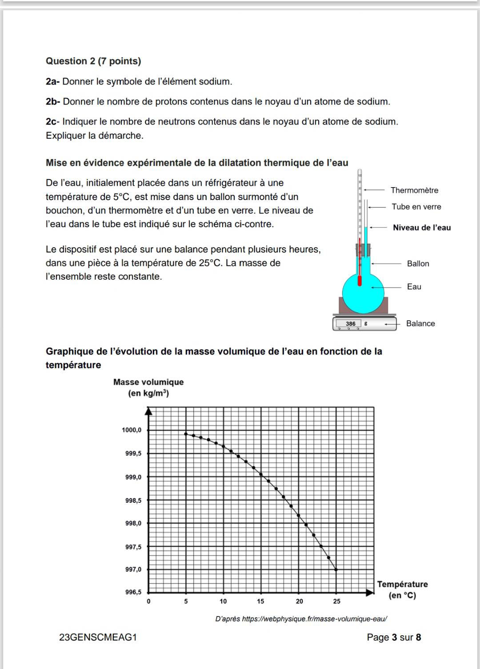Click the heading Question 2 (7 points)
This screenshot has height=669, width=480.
coord(93,61)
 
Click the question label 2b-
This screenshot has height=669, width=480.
coord(53,102)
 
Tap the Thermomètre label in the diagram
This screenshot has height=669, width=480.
coord(414,190)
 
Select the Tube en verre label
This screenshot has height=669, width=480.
coord(416,207)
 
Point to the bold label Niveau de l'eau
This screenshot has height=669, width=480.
coord(422,228)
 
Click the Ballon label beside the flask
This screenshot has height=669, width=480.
coord(418,264)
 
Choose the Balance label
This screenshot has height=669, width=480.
coord(420,324)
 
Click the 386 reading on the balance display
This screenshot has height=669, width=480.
coord(351,324)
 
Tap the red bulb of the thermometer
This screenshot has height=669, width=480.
coord(360,281)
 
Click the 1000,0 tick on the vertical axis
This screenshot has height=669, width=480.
coord(132,430)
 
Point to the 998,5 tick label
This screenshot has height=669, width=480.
coord(133,501)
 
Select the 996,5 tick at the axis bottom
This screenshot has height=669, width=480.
coord(133,592)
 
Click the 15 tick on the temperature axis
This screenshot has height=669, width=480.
coord(260,601)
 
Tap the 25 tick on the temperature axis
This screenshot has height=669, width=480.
coord(336,601)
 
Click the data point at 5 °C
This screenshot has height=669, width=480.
coord(186,434)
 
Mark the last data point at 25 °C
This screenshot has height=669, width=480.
coord(336,569)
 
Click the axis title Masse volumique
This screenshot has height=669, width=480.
coord(148,382)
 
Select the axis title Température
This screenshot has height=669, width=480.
coord(402,585)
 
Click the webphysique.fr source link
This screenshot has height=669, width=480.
coord(314,619)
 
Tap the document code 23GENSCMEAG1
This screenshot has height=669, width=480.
coord(98,637)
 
